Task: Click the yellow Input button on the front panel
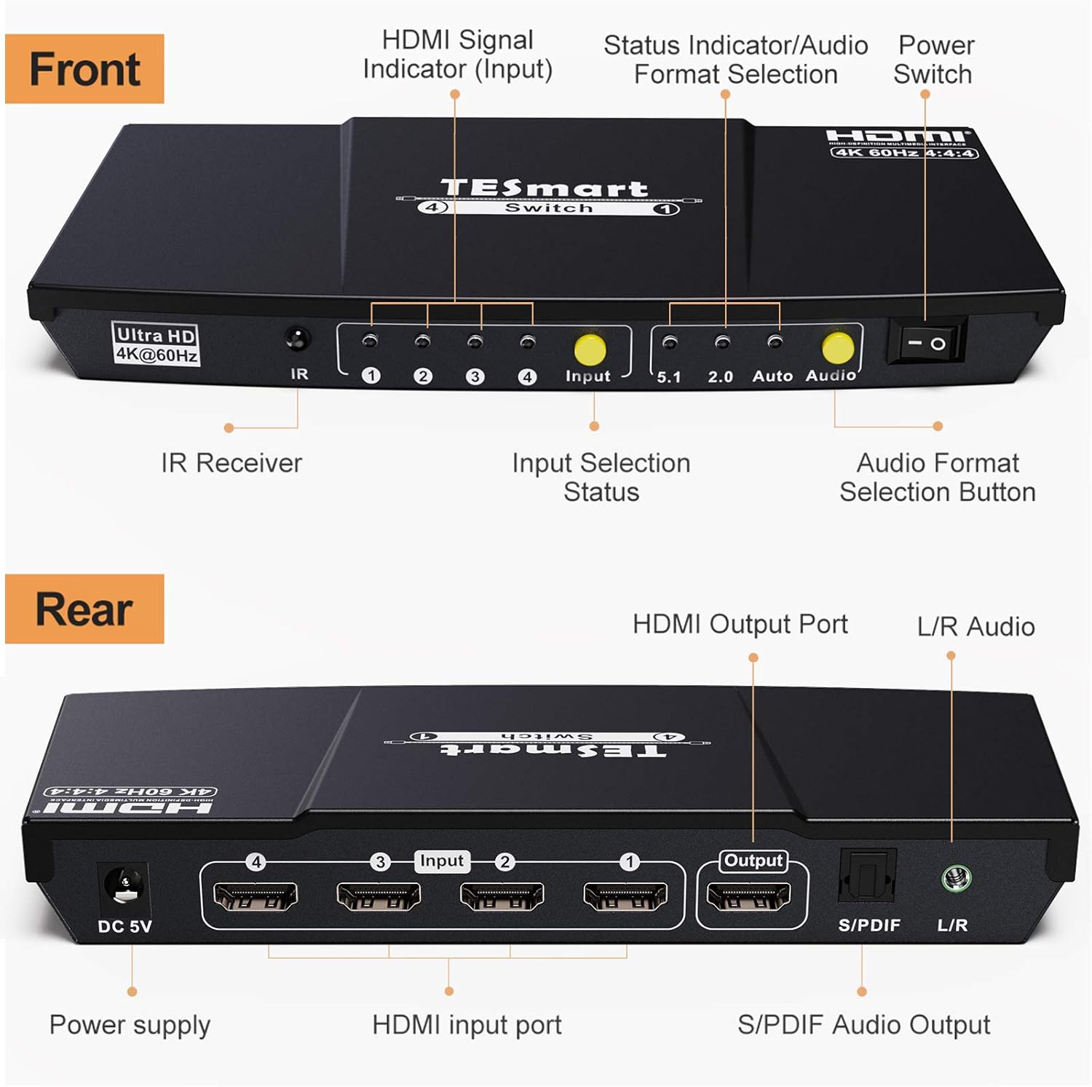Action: pyautogui.click(x=590, y=349)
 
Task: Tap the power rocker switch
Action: pyautogui.click(x=926, y=342)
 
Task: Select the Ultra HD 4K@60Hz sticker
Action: pyautogui.click(x=156, y=344)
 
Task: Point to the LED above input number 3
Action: pyautogui.click(x=475, y=341)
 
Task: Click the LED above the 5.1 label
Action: pyautogui.click(x=669, y=341)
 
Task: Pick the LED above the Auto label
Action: pyautogui.click(x=775, y=341)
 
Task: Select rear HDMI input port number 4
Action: pyautogui.click(x=255, y=896)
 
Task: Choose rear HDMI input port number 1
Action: pyautogui.click(x=625, y=896)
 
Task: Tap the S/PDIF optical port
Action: pyautogui.click(x=866, y=877)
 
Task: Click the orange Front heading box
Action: pyautogui.click(x=84, y=69)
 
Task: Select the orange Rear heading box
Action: pyautogui.click(x=84, y=609)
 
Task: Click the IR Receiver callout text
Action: pyautogui.click(x=232, y=463)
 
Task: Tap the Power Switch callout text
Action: pyautogui.click(x=934, y=60)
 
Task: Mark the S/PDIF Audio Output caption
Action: pyautogui.click(x=863, y=1024)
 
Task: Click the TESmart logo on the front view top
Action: pyautogui.click(x=545, y=189)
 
